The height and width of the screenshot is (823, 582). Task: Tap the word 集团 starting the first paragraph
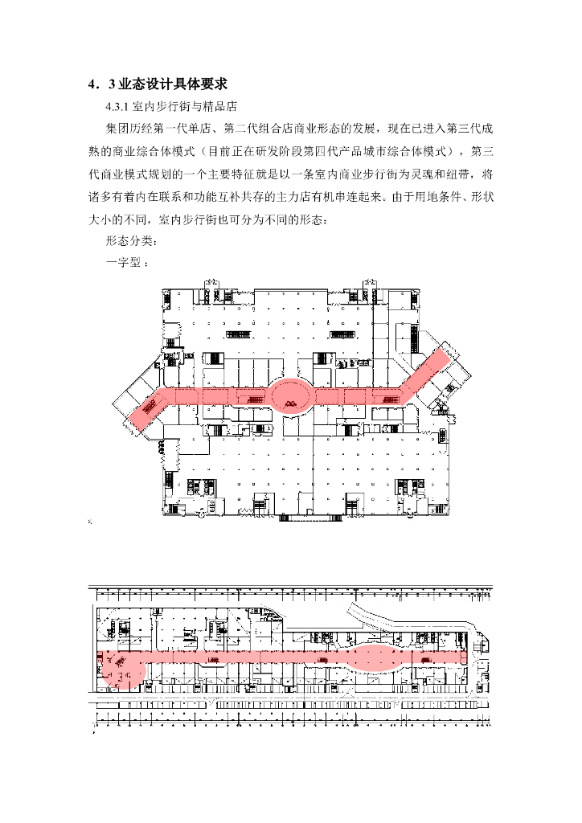click(x=117, y=129)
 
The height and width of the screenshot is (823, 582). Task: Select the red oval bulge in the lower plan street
click(x=376, y=657)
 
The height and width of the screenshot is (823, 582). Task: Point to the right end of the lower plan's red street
click(x=462, y=657)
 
